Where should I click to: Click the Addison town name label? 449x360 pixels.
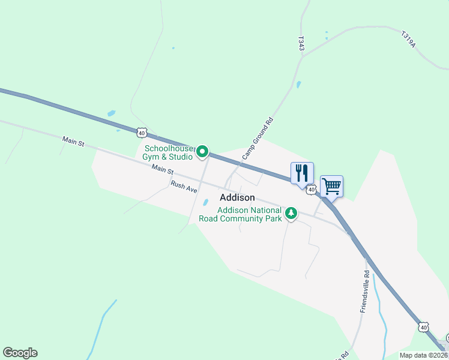[237, 197]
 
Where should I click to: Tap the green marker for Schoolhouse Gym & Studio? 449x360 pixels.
[203, 152]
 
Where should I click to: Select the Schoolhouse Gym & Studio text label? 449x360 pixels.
[168, 152]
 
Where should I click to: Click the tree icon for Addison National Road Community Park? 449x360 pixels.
[291, 212]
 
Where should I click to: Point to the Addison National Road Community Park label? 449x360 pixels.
[249, 214]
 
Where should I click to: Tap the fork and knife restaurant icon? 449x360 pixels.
[302, 173]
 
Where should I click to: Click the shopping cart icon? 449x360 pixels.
[331, 186]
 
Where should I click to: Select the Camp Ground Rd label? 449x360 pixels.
[258, 138]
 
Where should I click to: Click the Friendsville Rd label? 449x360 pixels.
[364, 291]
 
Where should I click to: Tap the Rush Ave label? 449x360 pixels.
[184, 187]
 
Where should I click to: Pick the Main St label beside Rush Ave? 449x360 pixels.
[162, 171]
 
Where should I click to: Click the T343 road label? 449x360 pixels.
[301, 43]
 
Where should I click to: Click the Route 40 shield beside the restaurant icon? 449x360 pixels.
[311, 190]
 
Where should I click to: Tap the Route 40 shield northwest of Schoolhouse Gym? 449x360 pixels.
[141, 131]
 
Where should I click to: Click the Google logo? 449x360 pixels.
[20, 353]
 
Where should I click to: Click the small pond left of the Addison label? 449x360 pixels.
[205, 202]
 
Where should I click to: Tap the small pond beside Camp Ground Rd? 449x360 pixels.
[298, 85]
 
